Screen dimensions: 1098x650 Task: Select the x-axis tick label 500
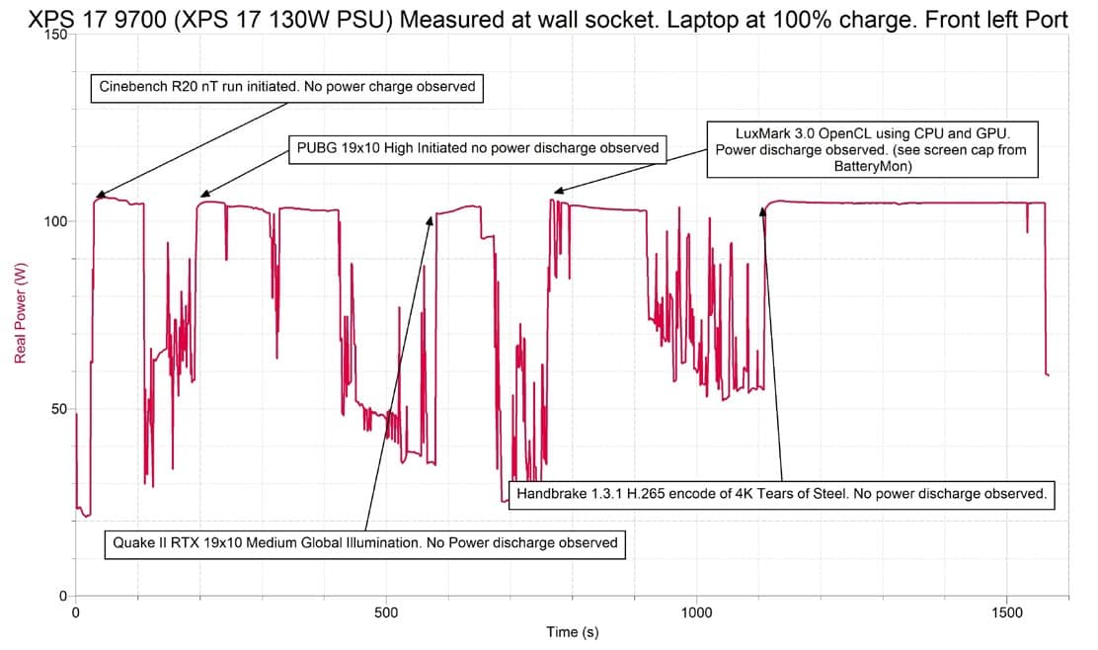click(386, 612)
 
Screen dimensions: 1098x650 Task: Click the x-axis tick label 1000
click(697, 612)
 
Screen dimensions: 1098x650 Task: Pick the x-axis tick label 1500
click(1007, 612)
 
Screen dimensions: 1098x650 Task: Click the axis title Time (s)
click(572, 632)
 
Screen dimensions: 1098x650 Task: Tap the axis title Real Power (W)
click(21, 313)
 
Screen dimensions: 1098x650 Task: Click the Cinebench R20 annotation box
click(287, 88)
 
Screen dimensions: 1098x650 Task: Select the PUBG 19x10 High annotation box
click(478, 148)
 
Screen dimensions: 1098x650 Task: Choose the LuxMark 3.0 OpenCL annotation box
click(872, 149)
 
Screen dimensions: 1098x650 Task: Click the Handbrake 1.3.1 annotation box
click(781, 494)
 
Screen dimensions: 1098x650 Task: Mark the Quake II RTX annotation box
click(364, 543)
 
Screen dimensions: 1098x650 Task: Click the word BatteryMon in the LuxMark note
click(872, 167)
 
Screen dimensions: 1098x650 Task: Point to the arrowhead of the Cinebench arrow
click(99, 196)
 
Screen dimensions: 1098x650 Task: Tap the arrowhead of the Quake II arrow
click(431, 219)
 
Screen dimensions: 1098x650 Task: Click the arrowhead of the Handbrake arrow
click(762, 210)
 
